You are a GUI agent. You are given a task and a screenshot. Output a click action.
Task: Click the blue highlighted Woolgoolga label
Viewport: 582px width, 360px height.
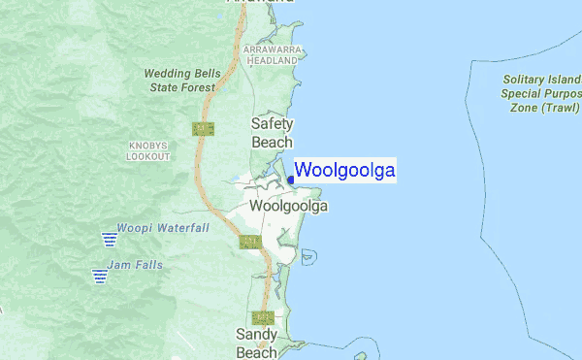pyautogui.click(x=344, y=171)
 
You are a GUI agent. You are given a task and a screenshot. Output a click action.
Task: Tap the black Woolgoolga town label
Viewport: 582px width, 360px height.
pyautogui.click(x=289, y=207)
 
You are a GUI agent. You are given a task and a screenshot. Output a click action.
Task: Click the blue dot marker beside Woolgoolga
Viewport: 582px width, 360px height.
pyautogui.click(x=290, y=179)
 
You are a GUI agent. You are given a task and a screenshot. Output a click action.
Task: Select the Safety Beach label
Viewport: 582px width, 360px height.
pyautogui.click(x=273, y=133)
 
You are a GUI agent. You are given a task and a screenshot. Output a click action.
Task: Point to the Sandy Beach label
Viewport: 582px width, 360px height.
pyautogui.click(x=257, y=344)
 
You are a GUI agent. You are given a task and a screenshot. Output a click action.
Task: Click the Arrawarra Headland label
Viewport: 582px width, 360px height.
pyautogui.click(x=272, y=54)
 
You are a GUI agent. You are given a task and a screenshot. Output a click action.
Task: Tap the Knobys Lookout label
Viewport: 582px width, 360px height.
pyautogui.click(x=148, y=150)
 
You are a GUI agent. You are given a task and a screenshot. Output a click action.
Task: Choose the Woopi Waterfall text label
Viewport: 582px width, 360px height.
pyautogui.click(x=163, y=228)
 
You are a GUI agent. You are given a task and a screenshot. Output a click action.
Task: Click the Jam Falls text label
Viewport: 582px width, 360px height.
pyautogui.click(x=136, y=265)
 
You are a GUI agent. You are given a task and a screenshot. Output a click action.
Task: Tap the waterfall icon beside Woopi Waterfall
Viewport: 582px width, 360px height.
pyautogui.click(x=107, y=238)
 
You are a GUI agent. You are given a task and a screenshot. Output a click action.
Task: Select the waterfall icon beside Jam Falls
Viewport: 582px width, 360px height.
pyautogui.click(x=99, y=275)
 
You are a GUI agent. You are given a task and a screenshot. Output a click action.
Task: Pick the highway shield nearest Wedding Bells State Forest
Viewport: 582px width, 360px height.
pyautogui.click(x=204, y=128)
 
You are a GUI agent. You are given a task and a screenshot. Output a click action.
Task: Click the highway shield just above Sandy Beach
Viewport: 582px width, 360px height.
pyautogui.click(x=261, y=317)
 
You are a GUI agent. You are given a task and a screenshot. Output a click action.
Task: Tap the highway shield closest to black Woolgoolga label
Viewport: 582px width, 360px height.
pyautogui.click(x=249, y=242)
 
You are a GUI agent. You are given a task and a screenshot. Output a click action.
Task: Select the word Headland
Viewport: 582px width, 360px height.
pyautogui.click(x=272, y=60)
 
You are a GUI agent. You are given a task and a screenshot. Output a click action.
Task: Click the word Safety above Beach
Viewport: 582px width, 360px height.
pyautogui.click(x=273, y=124)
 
